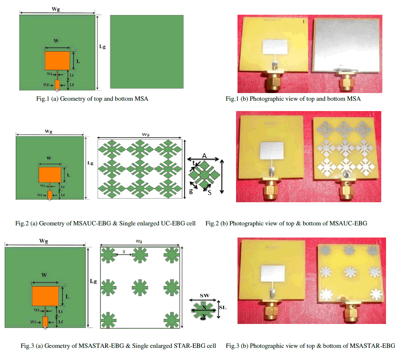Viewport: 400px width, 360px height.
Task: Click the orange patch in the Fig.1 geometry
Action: pyautogui.click(x=57, y=61)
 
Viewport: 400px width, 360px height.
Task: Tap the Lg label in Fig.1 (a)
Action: pyautogui.click(x=102, y=47)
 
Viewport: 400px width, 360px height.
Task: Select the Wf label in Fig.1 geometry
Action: pyautogui.click(x=46, y=85)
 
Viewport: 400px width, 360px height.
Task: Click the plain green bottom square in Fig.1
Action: pyautogui.click(x=147, y=52)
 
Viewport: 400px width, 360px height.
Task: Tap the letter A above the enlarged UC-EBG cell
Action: pyautogui.click(x=204, y=156)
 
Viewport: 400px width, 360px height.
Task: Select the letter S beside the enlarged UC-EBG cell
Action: pyautogui.click(x=210, y=193)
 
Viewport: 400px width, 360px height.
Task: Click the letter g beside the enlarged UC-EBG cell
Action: pyautogui.click(x=191, y=191)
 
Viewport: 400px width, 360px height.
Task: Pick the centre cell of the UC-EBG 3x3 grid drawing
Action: pyautogui.click(x=140, y=169)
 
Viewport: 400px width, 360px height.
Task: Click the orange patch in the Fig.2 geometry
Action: pyautogui.click(x=50, y=175)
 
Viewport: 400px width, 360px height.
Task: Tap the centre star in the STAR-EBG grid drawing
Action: pyautogui.click(x=140, y=288)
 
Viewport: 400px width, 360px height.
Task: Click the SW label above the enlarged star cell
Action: pyautogui.click(x=204, y=295)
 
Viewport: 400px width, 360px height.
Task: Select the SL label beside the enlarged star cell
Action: pyautogui.click(x=223, y=307)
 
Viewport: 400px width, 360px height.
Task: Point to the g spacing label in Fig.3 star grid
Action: pyautogui.click(x=124, y=251)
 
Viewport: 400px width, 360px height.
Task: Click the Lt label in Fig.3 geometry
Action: pyautogui.click(x=60, y=311)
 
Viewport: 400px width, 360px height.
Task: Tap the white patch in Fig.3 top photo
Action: pyautogui.click(x=273, y=273)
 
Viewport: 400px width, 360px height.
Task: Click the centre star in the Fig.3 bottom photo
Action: pyautogui.click(x=350, y=272)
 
